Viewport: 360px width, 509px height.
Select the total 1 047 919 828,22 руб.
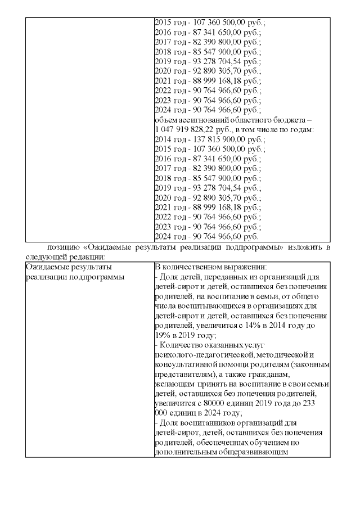(182, 129)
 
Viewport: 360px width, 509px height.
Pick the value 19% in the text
(163, 335)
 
